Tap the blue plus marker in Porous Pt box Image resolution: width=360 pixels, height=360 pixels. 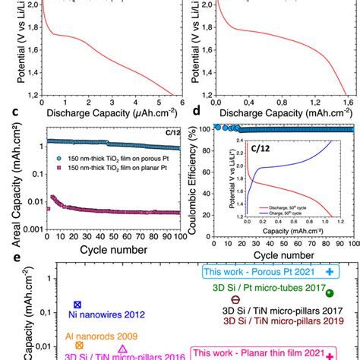pyautogui.click(x=329, y=271)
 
